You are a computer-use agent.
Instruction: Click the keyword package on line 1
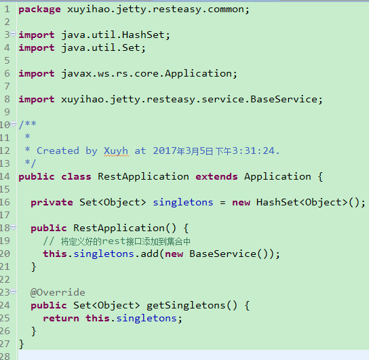pyautogui.click(x=39, y=9)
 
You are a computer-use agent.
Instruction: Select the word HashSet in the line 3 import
pyautogui.click(x=143, y=35)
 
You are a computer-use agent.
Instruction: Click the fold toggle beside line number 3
pyautogui.click(x=14, y=34)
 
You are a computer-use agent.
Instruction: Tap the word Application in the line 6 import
pyautogui.click(x=198, y=74)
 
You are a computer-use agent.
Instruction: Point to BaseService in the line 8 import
pyautogui.click(x=284, y=99)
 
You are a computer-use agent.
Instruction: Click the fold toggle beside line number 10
pyautogui.click(x=14, y=123)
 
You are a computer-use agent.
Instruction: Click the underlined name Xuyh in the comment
pyautogui.click(x=116, y=151)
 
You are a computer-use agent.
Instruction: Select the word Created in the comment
pyautogui.click(x=58, y=151)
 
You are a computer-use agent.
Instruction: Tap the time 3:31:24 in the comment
pyautogui.click(x=254, y=151)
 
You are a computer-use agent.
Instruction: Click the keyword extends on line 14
pyautogui.click(x=216, y=176)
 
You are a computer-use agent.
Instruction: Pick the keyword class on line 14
pyautogui.click(x=76, y=176)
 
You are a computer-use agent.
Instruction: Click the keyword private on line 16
pyautogui.click(x=52, y=203)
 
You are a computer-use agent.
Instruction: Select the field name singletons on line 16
pyautogui.click(x=183, y=203)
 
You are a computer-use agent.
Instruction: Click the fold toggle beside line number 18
pyautogui.click(x=14, y=227)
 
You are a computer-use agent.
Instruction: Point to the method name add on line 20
pyautogui.click(x=149, y=254)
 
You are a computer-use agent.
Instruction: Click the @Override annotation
pyautogui.click(x=58, y=292)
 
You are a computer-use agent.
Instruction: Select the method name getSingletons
pyautogui.click(x=186, y=306)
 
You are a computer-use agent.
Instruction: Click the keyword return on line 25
pyautogui.click(x=61, y=319)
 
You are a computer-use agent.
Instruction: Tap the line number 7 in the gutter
pyautogui.click(x=7, y=86)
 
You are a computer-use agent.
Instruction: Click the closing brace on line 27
pyautogui.click(x=22, y=344)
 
